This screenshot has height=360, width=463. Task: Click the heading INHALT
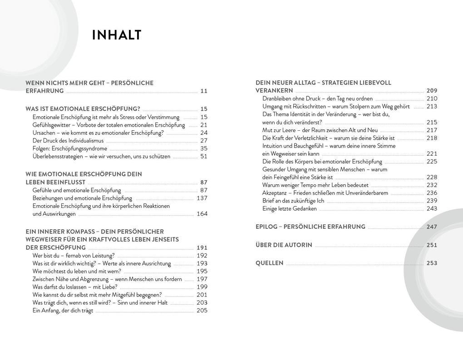point(117,35)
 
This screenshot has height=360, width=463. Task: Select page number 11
point(204,91)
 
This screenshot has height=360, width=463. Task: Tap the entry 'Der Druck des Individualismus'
point(68,141)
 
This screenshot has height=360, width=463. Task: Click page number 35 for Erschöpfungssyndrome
point(204,148)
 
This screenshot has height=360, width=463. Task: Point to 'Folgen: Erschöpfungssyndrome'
point(70,148)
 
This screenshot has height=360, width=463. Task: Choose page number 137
point(202,198)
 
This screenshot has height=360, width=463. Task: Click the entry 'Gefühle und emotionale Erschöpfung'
point(77,190)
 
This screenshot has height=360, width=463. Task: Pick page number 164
point(202,214)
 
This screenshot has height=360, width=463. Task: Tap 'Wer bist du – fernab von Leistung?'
point(74,256)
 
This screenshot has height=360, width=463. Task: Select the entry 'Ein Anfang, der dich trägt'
point(63,311)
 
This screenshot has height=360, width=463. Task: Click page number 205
point(202,311)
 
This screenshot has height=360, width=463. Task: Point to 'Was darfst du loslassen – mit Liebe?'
point(75,287)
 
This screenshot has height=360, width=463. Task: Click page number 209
point(432,91)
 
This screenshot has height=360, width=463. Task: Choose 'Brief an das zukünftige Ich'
point(293,201)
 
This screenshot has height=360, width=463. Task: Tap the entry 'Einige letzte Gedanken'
point(290,209)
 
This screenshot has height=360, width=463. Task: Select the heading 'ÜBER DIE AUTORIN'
point(284,245)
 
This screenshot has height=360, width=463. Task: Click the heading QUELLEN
point(269,263)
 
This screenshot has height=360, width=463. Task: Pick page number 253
point(432,263)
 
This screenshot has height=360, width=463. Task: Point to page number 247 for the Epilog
point(432,227)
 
